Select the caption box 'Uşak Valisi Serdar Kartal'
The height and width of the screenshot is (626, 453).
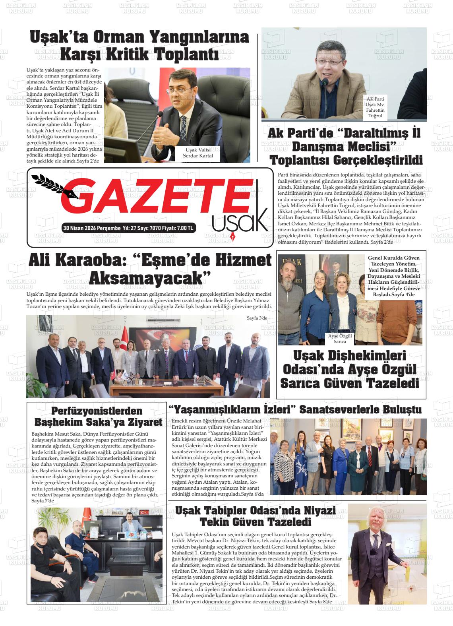[197, 153]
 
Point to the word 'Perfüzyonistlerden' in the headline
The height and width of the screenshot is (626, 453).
[97, 411]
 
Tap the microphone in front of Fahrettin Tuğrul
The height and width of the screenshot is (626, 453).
[325, 83]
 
